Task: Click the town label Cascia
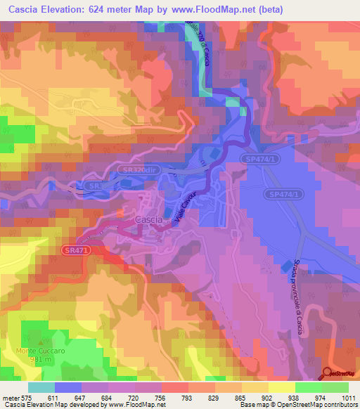point(148,220)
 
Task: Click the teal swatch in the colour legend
point(41,387)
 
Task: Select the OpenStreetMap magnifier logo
point(328,374)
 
